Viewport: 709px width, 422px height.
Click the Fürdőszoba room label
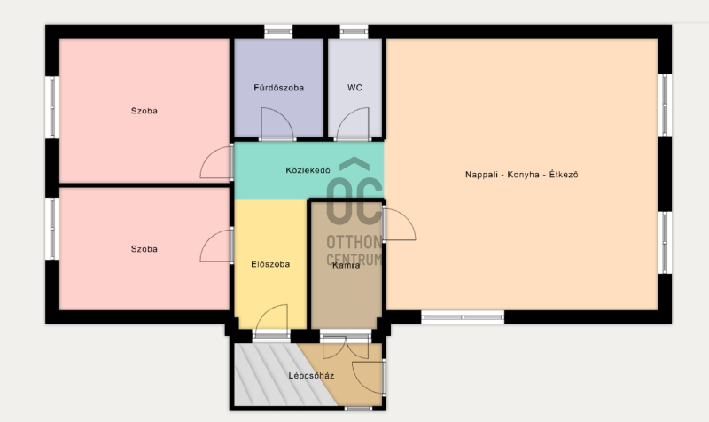[x=278, y=88]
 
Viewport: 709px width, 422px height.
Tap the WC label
[x=355, y=88]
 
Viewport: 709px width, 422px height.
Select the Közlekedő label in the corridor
[x=308, y=170]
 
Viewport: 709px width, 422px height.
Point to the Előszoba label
[x=270, y=264]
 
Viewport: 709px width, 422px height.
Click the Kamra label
[x=347, y=265]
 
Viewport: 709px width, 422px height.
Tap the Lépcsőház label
[x=312, y=376]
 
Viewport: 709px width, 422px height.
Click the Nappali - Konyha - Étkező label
[x=522, y=175]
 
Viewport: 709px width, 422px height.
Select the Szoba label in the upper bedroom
[x=144, y=111]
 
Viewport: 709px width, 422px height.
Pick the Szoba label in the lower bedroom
[x=144, y=249]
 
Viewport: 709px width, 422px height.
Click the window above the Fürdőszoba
[x=278, y=32]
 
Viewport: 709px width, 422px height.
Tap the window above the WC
[x=354, y=32]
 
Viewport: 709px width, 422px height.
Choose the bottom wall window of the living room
[x=463, y=317]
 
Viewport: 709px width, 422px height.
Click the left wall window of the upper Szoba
[x=52, y=107]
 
